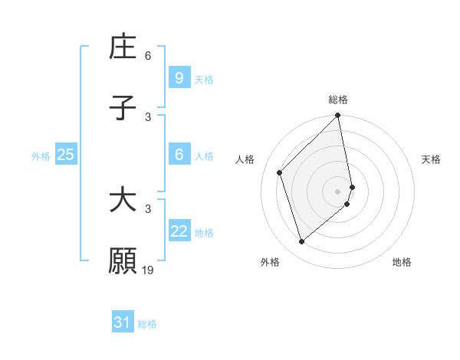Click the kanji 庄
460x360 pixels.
123,47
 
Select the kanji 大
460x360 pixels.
123,201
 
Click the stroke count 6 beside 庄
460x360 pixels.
148,56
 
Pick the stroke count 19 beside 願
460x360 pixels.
148,270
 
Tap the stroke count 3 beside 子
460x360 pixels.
148,117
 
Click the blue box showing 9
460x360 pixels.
179,77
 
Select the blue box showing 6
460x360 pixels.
179,155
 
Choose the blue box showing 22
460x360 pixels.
179,231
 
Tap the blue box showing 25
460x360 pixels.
65,155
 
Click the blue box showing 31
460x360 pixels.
122,322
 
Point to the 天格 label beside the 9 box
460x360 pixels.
204,79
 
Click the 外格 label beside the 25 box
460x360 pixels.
41,156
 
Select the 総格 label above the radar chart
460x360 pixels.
338,100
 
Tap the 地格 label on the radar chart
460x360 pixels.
402,262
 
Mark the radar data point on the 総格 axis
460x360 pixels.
338,116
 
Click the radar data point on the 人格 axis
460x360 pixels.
280,172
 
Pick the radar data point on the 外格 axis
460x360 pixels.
301,242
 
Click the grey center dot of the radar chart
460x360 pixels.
338,191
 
